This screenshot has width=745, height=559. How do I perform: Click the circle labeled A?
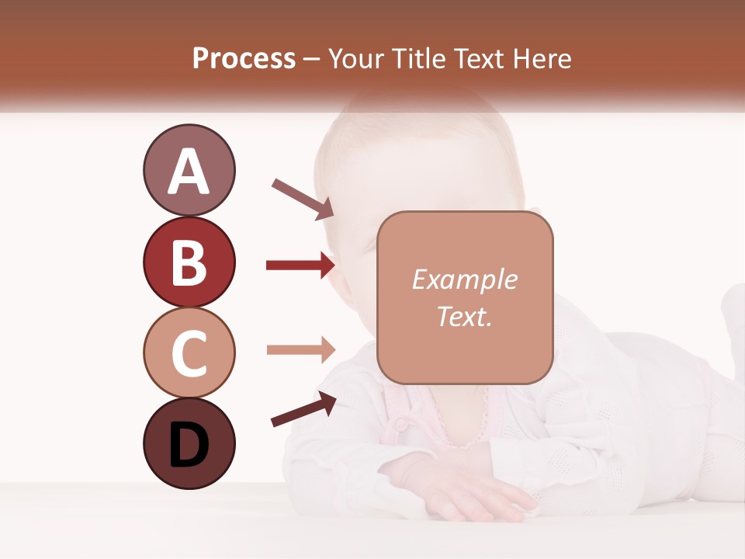coord(189,170)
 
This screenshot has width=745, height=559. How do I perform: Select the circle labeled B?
coord(189,262)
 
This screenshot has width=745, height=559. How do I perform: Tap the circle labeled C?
coord(189,352)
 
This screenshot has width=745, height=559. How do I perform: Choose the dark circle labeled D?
coord(189,443)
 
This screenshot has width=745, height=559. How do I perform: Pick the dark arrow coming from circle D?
coord(303,409)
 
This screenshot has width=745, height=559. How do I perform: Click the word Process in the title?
coord(244,59)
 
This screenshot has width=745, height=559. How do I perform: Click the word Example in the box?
coord(465,279)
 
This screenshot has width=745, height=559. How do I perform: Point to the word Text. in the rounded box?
coord(465,316)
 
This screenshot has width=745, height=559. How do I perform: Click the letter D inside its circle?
coord(189,445)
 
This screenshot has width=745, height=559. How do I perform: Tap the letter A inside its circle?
coord(189,172)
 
